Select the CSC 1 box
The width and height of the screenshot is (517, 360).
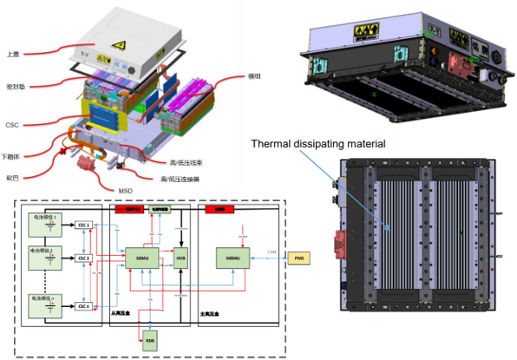coord(83,225)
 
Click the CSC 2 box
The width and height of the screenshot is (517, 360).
coord(83,258)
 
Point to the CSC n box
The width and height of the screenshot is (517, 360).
coord(83,305)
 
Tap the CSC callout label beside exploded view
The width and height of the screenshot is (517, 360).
coord(12,125)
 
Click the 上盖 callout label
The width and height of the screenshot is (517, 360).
coord(13,53)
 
